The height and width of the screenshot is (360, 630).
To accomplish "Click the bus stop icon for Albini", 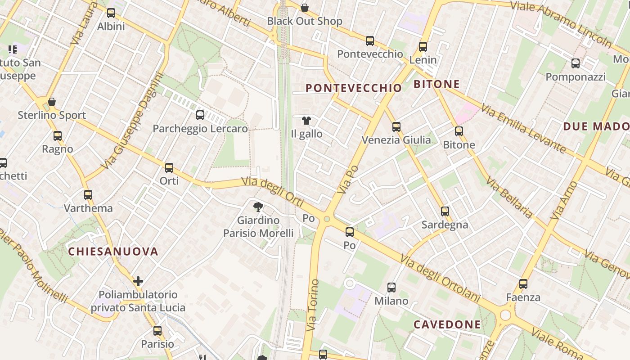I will (x=111, y=13).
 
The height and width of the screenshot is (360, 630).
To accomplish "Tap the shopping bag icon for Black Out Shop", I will (x=305, y=8).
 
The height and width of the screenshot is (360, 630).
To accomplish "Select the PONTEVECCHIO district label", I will (x=354, y=88).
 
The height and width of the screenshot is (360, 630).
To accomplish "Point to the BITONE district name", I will (x=436, y=84).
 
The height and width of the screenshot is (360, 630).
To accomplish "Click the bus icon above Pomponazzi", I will (x=576, y=63).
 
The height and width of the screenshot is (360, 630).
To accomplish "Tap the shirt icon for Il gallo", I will (x=306, y=120).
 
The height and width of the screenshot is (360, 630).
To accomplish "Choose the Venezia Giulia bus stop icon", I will (x=396, y=127).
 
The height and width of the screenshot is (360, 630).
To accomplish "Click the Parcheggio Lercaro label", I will (x=200, y=129).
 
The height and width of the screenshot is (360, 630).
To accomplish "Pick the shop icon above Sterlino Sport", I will (x=52, y=102).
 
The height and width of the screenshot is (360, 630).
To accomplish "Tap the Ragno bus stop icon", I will (x=58, y=136).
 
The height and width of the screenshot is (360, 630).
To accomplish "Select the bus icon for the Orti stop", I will (x=169, y=168).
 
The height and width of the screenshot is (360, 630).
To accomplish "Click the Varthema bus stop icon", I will (x=88, y=195).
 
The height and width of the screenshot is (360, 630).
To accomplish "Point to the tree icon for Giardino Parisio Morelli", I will (x=258, y=207).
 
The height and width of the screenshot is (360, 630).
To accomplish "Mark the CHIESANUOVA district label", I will (x=113, y=252).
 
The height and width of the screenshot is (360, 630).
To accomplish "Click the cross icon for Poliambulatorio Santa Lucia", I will (x=138, y=281).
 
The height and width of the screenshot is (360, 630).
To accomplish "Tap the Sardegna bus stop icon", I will (x=445, y=211).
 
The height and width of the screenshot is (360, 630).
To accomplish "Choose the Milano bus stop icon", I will (x=391, y=288).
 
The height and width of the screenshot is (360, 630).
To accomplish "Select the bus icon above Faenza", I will (x=523, y=284).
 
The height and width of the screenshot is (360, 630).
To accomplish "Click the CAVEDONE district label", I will (x=447, y=324).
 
